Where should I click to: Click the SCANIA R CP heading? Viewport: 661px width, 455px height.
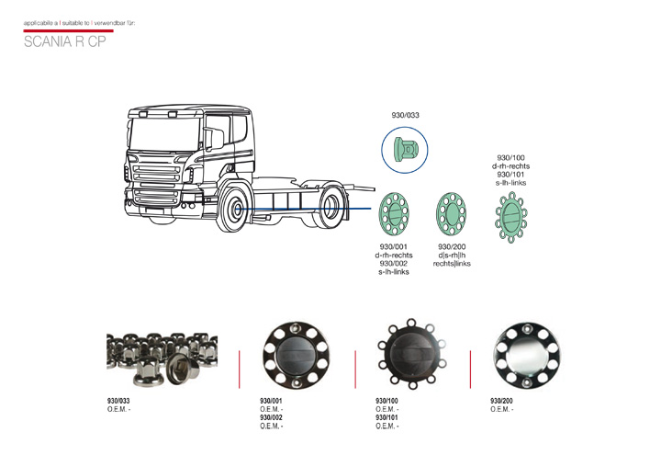[x=64, y=41]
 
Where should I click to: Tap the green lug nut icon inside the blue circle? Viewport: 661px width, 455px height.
[x=406, y=150]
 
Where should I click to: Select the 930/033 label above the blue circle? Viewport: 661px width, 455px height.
[x=405, y=115]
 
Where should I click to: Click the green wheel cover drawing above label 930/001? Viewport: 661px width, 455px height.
[x=394, y=214]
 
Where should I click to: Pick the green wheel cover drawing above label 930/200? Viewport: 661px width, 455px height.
[x=451, y=214]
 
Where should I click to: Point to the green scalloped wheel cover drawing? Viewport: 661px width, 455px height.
[x=511, y=217]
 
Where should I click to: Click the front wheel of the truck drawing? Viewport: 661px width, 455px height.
[x=232, y=209]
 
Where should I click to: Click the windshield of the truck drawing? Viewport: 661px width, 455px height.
[x=165, y=134]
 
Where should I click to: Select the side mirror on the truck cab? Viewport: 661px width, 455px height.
[x=214, y=139]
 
